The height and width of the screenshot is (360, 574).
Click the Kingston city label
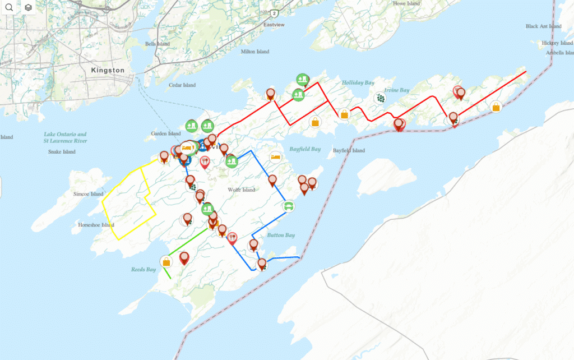(x=107, y=70)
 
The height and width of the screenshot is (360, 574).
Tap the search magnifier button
(x=10, y=8)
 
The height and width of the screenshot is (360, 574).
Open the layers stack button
(x=27, y=8)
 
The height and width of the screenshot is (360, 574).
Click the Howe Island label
(x=407, y=3)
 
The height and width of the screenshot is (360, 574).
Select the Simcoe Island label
(x=89, y=194)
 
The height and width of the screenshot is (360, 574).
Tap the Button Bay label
(x=281, y=236)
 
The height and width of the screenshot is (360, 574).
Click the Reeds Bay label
(x=143, y=270)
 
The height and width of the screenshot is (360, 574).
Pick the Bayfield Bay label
(x=305, y=150)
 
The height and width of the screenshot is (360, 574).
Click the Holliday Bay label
(x=358, y=82)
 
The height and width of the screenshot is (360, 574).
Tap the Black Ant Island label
(x=543, y=26)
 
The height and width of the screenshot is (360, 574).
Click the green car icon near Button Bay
(x=289, y=206)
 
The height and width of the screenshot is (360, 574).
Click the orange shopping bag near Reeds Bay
(x=166, y=261)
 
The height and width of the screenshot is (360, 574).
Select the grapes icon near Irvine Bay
(x=381, y=98)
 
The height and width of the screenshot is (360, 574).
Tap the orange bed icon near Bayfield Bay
(x=275, y=157)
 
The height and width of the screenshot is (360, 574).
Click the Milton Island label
(x=255, y=52)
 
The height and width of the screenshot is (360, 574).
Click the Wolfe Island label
(x=242, y=190)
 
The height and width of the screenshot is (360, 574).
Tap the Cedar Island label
(x=182, y=85)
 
